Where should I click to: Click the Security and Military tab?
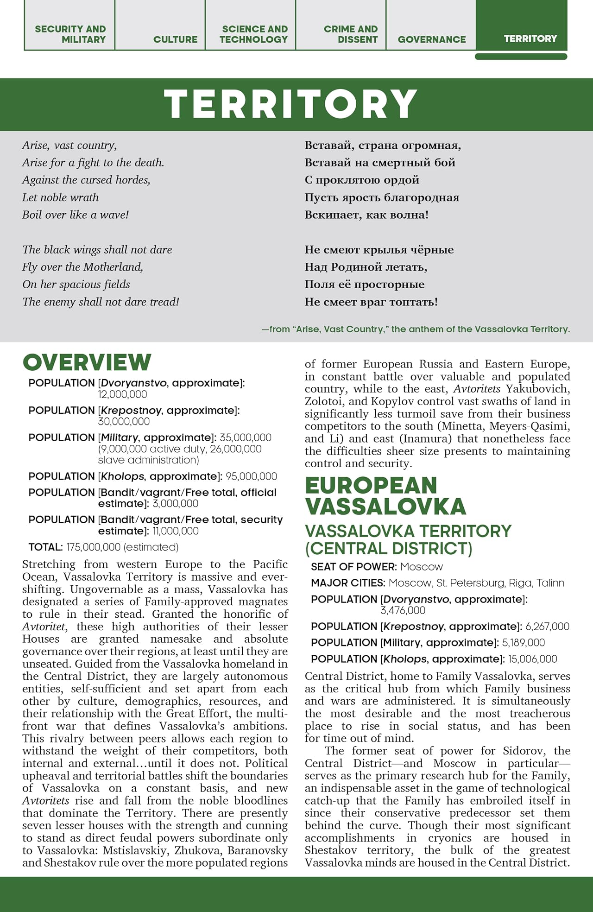click(x=70, y=34)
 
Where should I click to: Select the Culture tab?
click(x=175, y=39)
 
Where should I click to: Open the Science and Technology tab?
click(x=253, y=34)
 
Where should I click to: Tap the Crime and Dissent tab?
click(x=351, y=34)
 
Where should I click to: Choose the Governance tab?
click(x=431, y=39)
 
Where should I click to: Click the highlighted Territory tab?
click(x=530, y=38)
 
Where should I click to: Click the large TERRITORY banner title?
click(x=291, y=104)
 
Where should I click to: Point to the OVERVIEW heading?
click(x=87, y=362)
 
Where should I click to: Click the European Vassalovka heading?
click(x=385, y=496)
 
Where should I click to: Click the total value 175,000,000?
click(x=93, y=547)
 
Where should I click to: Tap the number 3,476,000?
click(x=403, y=610)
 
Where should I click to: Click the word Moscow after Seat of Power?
click(x=421, y=567)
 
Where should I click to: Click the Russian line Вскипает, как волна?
click(x=366, y=215)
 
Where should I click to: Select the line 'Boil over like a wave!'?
click(x=76, y=215)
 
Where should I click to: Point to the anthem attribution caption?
click(x=416, y=329)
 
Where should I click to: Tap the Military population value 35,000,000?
click(x=246, y=437)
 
